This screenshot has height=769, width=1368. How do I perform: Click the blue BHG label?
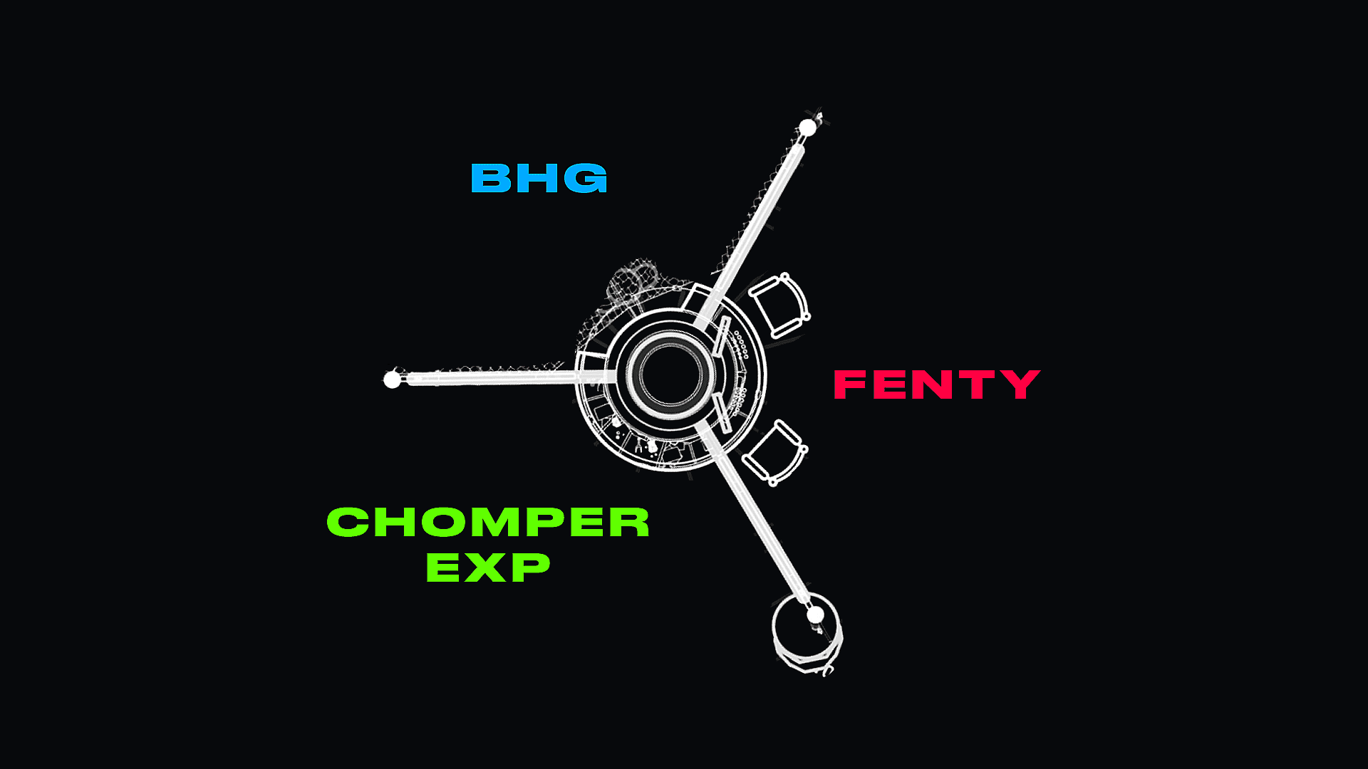539,178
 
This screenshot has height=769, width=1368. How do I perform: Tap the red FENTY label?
936,384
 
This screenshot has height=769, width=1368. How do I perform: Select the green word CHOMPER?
488,522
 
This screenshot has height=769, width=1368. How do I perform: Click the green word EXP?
488,567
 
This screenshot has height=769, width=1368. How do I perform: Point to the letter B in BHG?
490,178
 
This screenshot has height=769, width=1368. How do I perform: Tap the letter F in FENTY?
849,384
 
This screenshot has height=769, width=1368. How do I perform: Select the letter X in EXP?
488,567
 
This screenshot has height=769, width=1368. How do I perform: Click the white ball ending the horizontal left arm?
392,380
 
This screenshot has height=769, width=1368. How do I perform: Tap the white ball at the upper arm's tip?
807,128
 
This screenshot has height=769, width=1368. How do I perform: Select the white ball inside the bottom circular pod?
815,614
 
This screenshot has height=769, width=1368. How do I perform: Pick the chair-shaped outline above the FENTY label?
779,305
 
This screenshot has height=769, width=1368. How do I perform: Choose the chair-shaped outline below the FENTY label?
774,453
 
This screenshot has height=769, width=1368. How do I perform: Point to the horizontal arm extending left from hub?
499,377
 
